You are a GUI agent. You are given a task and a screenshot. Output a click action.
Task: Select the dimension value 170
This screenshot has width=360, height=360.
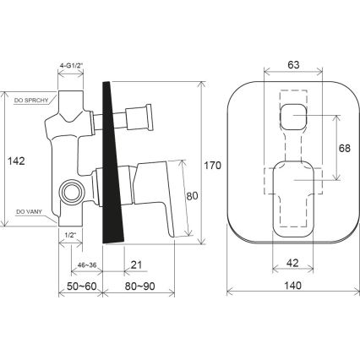[x=213, y=166]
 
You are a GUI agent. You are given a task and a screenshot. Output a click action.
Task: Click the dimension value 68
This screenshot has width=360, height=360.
[x=345, y=146]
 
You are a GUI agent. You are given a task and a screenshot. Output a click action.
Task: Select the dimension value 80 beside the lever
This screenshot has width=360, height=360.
[x=192, y=197]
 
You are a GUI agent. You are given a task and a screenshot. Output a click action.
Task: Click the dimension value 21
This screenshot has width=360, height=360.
[x=136, y=265]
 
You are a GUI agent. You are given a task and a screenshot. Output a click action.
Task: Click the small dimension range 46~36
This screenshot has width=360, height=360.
[x=86, y=265]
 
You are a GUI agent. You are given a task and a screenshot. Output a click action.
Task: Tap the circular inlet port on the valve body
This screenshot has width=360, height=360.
[x=71, y=194]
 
